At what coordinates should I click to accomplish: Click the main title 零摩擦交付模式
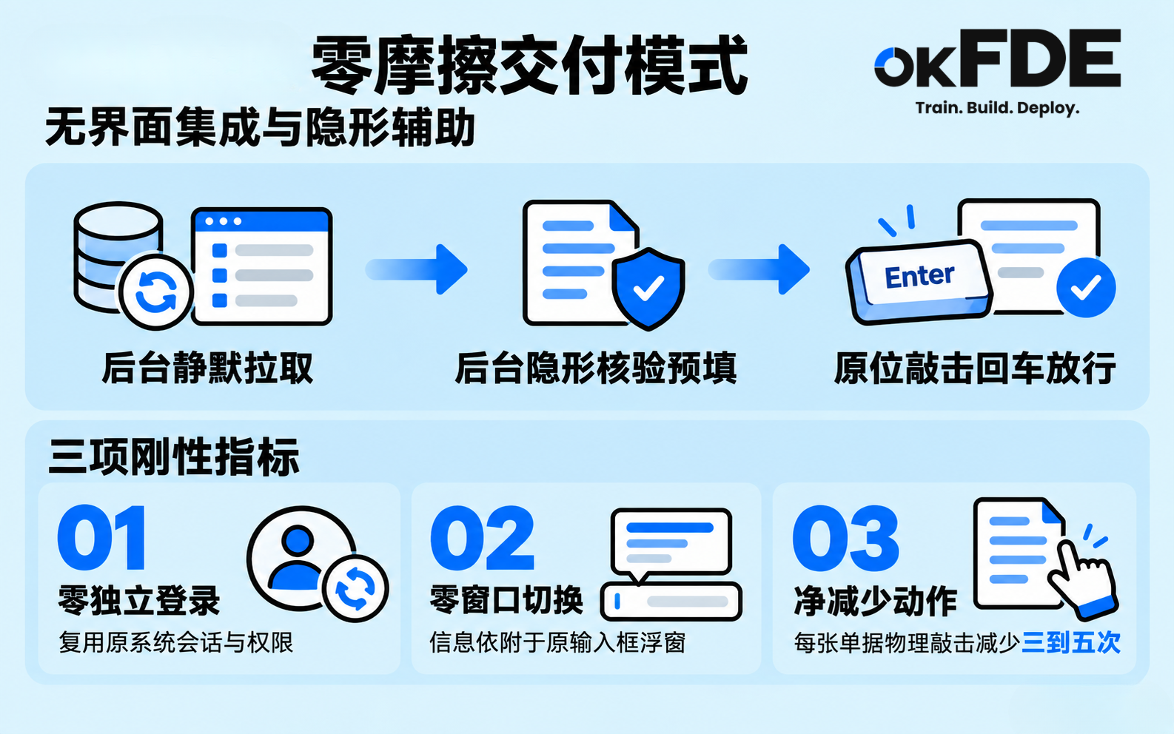[530, 66]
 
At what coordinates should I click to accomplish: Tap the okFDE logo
[997, 58]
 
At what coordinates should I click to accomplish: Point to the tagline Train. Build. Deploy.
[997, 109]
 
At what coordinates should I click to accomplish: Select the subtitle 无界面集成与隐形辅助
[261, 127]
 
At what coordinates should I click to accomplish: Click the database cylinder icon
[118, 257]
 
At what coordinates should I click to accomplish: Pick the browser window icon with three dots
[262, 266]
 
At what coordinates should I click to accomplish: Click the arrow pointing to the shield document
[416, 269]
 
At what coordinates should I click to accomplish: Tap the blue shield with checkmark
[648, 289]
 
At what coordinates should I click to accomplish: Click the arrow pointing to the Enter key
[759, 269]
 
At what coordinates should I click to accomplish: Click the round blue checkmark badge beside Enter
[1086, 287]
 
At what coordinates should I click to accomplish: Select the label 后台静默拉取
[207, 368]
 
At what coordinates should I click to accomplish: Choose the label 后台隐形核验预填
[596, 368]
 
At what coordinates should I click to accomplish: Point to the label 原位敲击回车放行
[975, 368]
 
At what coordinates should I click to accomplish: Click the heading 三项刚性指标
[174, 457]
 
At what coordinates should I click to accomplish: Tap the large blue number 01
[101, 537]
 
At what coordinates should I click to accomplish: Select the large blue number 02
[482, 537]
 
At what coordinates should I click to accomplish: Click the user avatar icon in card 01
[301, 557]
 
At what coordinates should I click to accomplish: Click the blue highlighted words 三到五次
[1071, 643]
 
